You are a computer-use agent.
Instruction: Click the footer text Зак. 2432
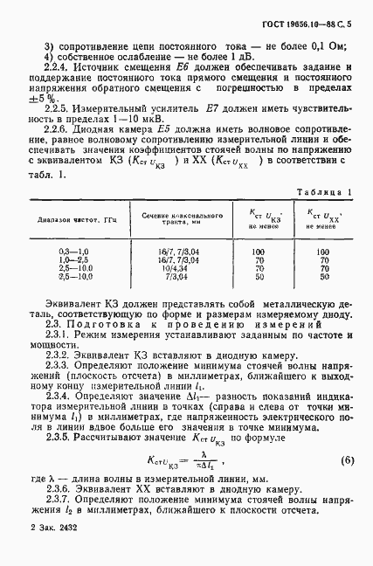pos(51,553)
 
